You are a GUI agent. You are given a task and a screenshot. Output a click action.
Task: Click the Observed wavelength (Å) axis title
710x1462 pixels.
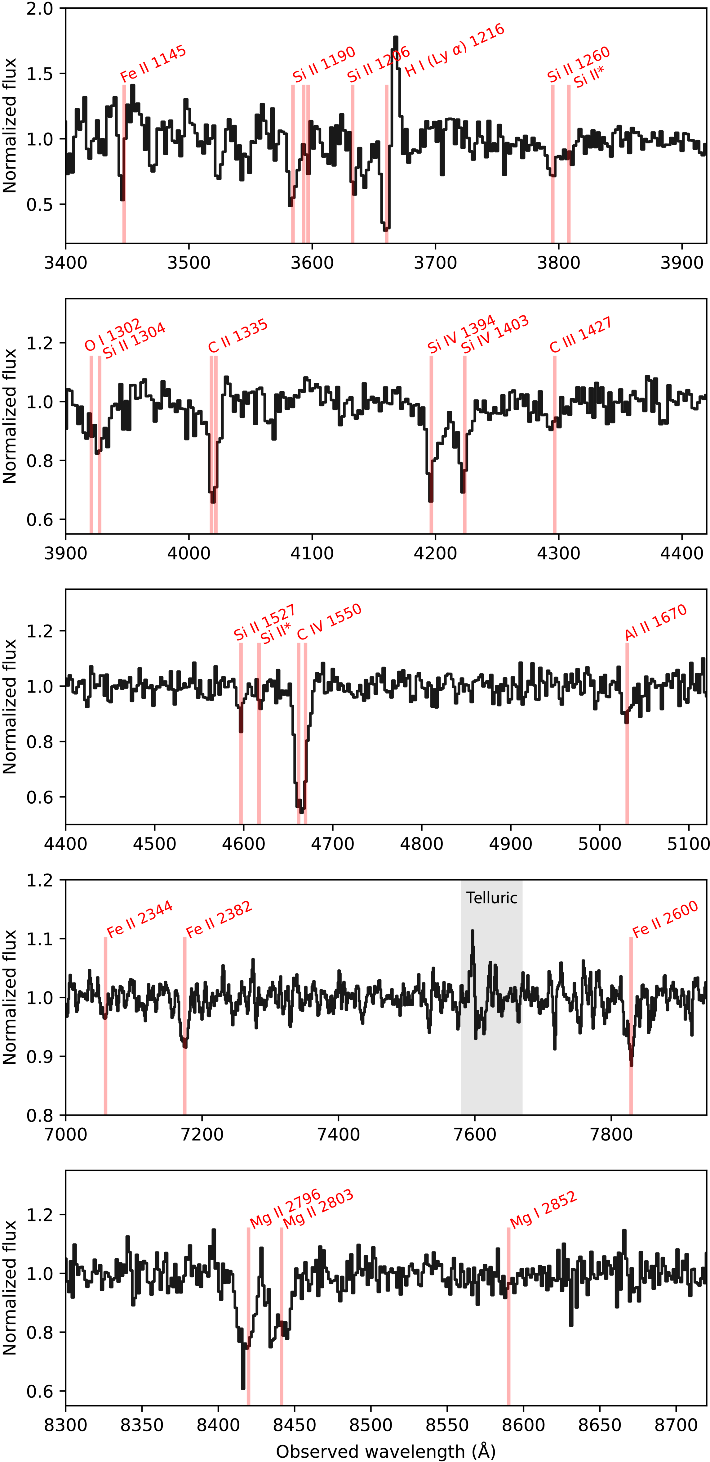[x=386, y=1451]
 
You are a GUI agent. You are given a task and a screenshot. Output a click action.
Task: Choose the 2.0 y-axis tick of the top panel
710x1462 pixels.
[x=40, y=9]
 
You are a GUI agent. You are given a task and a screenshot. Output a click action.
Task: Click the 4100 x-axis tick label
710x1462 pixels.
[x=312, y=553]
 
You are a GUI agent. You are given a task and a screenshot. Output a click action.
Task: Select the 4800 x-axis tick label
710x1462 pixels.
[x=421, y=843]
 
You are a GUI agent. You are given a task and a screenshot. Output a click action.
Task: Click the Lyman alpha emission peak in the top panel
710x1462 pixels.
[x=395, y=38]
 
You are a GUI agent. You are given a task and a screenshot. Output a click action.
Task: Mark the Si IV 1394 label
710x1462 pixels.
[x=462, y=335]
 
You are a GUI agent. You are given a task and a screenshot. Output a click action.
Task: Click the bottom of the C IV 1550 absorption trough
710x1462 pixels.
[x=301, y=810]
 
